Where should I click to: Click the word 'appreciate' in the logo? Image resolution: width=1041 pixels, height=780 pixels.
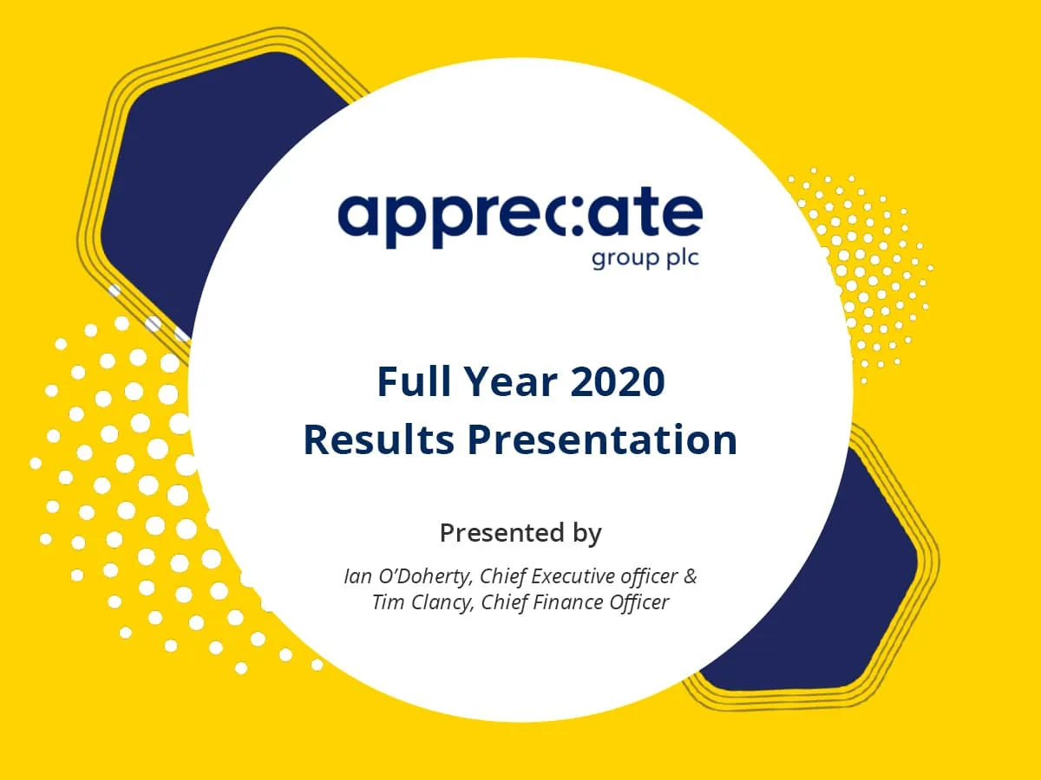coord(519,217)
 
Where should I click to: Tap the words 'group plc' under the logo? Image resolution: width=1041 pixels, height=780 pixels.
coord(645,258)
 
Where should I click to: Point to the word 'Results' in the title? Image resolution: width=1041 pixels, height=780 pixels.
coord(378,439)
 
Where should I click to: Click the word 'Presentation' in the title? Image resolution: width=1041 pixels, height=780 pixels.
coord(602,439)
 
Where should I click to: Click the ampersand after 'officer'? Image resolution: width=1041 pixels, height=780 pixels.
coord(690,576)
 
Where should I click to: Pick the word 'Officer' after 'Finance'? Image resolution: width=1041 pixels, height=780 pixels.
coord(639,602)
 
